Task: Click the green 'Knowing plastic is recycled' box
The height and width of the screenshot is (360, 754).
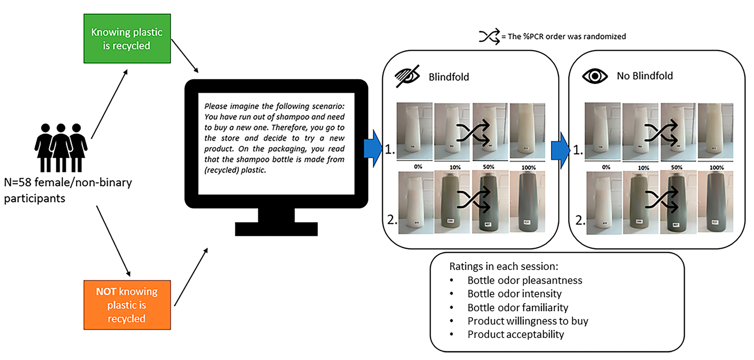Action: coord(127,38)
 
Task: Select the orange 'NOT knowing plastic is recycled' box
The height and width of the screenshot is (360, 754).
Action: coord(127,305)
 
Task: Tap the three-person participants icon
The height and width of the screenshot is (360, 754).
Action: coord(61,148)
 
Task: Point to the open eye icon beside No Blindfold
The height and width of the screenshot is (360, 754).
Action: coord(595,76)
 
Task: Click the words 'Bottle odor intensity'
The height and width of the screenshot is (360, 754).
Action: coord(514,293)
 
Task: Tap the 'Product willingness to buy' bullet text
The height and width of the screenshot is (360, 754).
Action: coord(527,321)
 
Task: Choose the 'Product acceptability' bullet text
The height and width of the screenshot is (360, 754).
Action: coord(516,334)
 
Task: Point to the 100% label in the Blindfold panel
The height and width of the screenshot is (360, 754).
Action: coord(528,167)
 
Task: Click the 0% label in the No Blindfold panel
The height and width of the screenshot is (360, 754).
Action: coord(606,167)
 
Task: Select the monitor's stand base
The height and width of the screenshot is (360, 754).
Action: coord(276,229)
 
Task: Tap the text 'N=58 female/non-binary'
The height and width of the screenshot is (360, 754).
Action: coord(68,182)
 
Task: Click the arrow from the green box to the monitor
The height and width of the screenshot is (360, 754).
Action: coord(184,56)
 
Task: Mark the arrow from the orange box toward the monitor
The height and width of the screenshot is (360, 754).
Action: coord(191,277)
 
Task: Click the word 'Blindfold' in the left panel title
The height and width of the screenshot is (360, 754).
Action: coord(449,77)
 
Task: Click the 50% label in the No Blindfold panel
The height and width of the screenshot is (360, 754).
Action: coord(676,167)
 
